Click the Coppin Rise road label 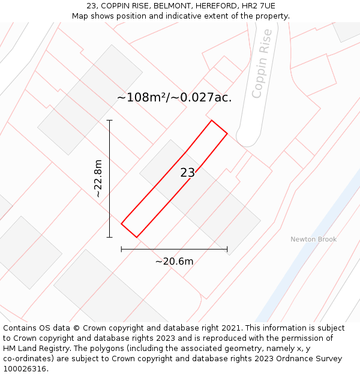click(x=262, y=64)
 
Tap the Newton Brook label click(x=313, y=239)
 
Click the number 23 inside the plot click(x=187, y=173)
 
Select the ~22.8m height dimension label click(x=98, y=178)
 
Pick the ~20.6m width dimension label click(x=174, y=261)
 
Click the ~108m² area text click(x=142, y=97)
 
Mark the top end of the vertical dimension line click(x=109, y=120)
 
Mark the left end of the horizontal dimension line click(x=122, y=248)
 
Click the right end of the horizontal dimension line click(x=227, y=248)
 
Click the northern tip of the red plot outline click(x=211, y=121)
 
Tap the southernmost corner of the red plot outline click(x=137, y=237)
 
